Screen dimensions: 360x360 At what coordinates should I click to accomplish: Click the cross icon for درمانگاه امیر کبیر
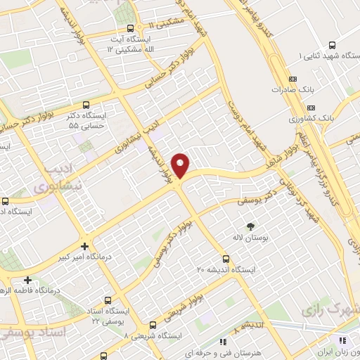[x=85, y=246]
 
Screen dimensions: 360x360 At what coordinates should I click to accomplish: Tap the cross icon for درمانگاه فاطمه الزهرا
[x=27, y=280]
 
